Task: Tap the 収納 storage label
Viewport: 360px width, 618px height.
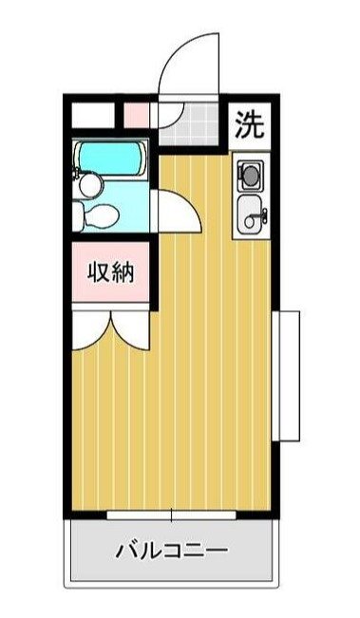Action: (x=111, y=272)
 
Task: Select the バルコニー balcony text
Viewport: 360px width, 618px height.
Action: (x=171, y=550)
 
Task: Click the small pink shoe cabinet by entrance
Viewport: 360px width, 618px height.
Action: (x=137, y=116)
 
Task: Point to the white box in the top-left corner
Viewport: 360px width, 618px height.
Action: (x=93, y=116)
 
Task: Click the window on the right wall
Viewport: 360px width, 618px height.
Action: (x=286, y=375)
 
